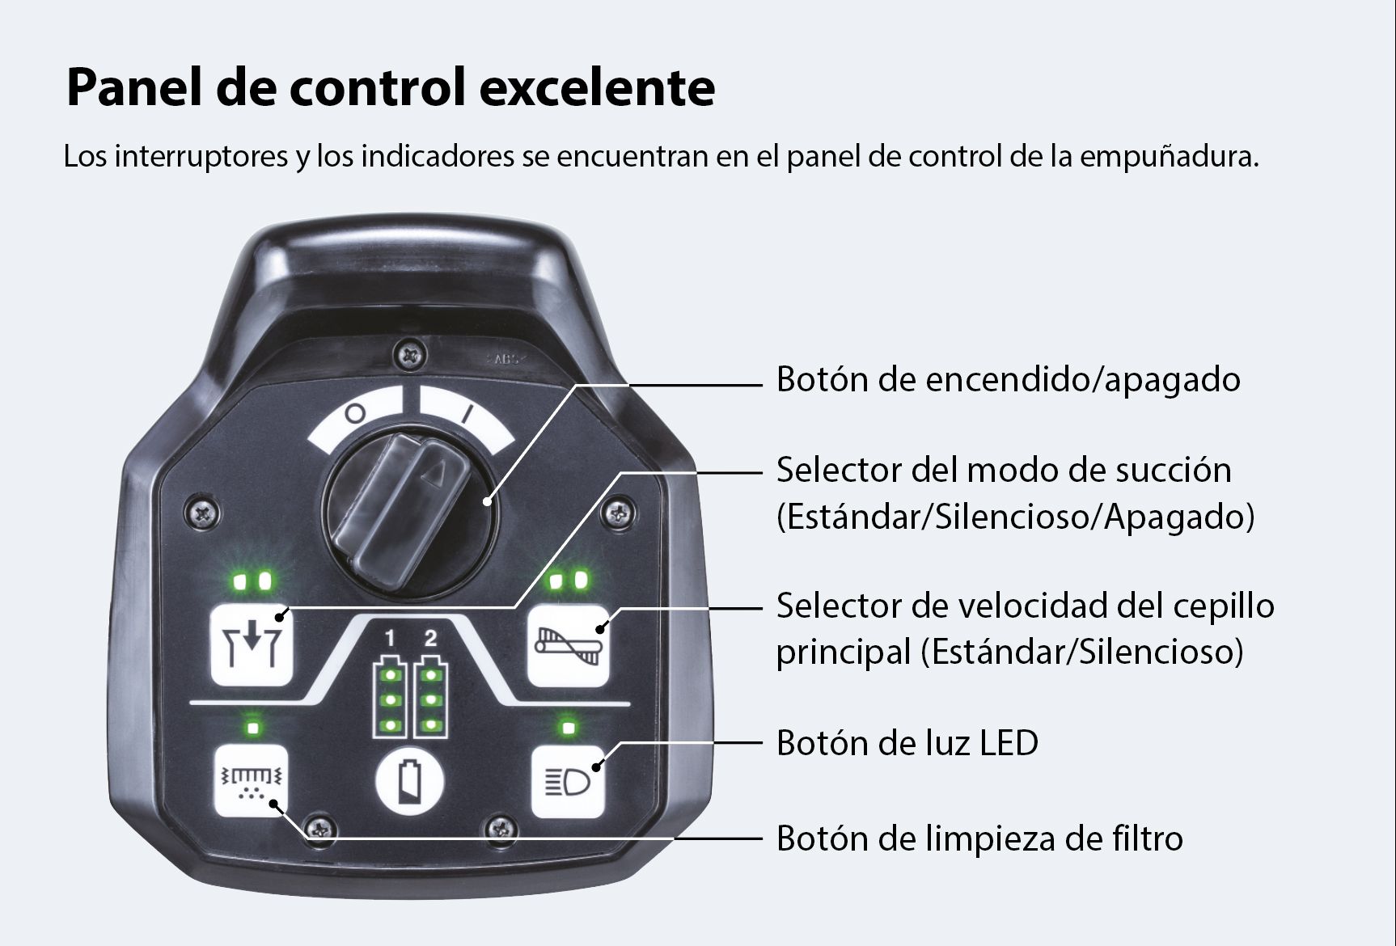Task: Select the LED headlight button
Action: pos(569,781)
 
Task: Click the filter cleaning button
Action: pos(251,781)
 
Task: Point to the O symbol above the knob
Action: pos(355,413)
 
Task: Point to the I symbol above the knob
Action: pos(466,414)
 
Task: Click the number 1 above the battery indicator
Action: pos(390,639)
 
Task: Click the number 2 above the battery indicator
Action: pos(430,639)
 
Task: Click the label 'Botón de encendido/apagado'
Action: pos(1008,379)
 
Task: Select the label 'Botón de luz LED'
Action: pos(907,743)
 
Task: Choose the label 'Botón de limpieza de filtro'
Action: pos(979,838)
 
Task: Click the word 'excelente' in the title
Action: pos(598,87)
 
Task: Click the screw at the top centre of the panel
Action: pos(412,353)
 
